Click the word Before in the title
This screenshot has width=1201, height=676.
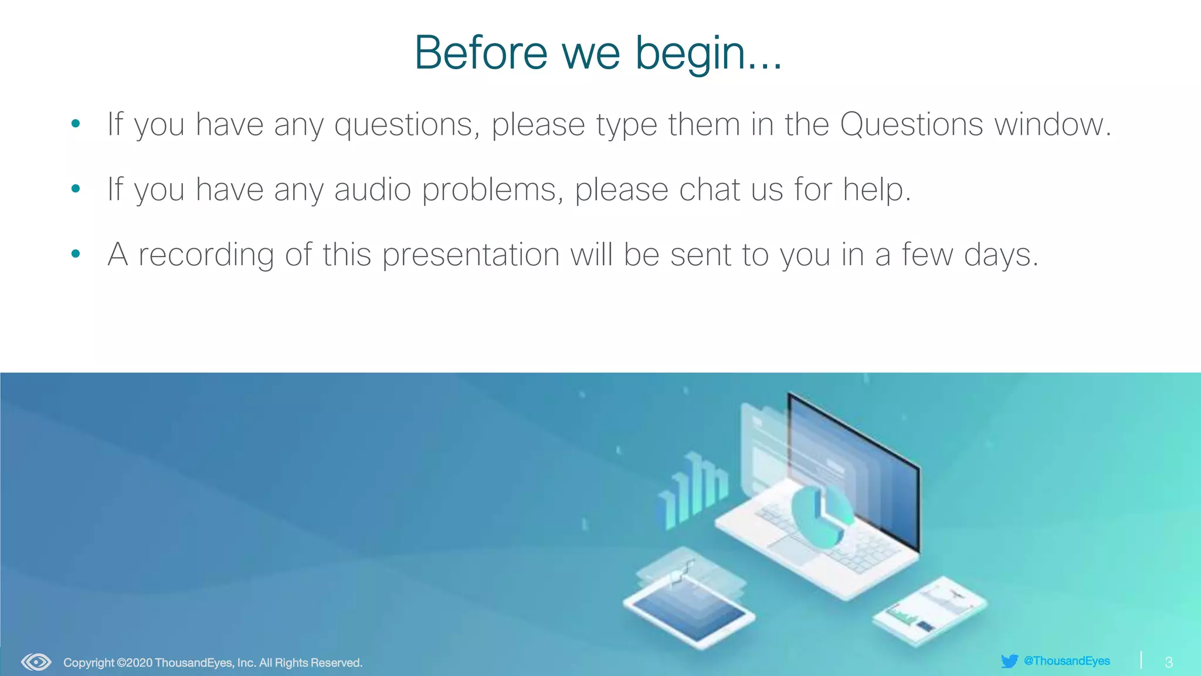tap(480, 53)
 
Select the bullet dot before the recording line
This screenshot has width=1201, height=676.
tap(76, 254)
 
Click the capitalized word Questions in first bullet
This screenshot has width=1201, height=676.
tap(911, 124)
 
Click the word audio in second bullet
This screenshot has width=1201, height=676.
tap(372, 190)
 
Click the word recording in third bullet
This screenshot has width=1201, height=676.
tap(206, 255)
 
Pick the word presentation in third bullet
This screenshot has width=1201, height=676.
tap(471, 255)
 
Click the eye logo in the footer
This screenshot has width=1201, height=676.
tap(36, 663)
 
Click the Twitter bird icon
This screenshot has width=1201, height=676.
tap(1009, 661)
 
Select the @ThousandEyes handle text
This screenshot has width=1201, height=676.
tap(1067, 661)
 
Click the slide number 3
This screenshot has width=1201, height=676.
tap(1169, 663)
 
